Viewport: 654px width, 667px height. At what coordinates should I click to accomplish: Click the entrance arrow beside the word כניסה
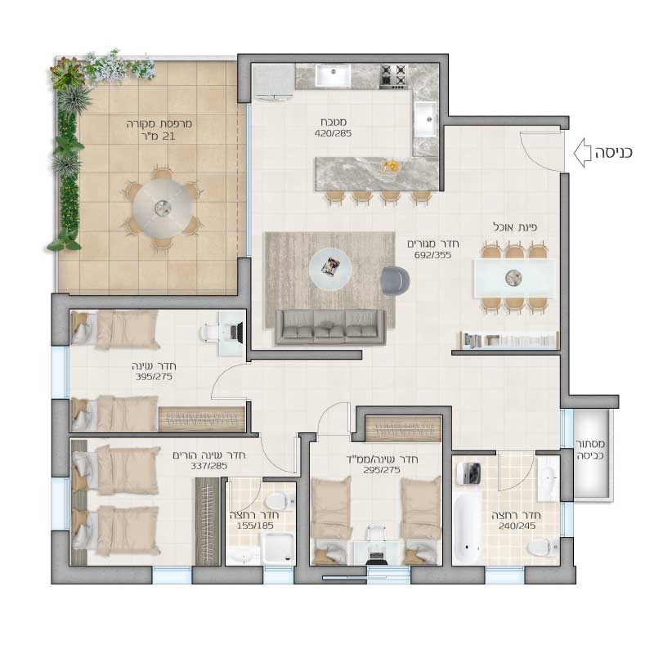tap(582, 153)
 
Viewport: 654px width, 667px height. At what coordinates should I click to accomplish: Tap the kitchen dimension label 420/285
tap(334, 133)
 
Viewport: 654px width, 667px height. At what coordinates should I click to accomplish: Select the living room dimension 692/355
tap(432, 255)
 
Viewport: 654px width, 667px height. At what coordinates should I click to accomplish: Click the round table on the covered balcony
tap(162, 208)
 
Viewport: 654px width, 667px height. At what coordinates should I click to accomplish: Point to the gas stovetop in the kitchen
tap(393, 76)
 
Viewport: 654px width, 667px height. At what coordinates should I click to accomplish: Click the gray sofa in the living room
tap(330, 327)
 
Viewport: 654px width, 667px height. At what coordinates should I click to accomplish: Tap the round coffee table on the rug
tap(330, 269)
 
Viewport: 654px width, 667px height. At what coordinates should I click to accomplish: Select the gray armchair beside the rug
tap(395, 280)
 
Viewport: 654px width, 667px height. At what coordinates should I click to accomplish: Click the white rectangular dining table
tap(514, 278)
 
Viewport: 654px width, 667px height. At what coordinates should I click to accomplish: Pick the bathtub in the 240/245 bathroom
tap(467, 529)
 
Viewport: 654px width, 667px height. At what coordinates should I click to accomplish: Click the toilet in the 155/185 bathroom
tap(280, 501)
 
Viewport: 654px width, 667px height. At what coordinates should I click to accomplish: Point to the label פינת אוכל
tap(515, 227)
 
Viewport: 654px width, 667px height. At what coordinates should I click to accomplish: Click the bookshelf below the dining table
tap(509, 341)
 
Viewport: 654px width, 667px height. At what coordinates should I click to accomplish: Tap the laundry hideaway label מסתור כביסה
tap(590, 450)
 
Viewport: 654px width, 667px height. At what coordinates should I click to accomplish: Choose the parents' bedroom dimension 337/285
tap(208, 466)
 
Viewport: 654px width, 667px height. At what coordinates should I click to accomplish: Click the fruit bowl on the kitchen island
tap(390, 166)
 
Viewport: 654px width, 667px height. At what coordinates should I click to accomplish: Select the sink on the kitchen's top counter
tap(334, 75)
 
